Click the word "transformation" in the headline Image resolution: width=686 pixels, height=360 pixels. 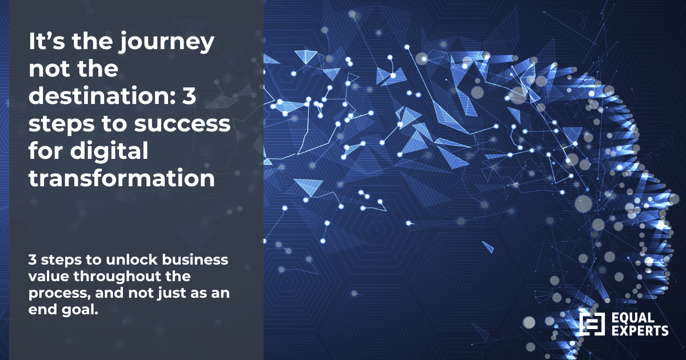(122, 178)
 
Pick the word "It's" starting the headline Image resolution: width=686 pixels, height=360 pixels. (46, 43)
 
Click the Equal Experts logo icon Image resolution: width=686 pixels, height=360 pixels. (592, 323)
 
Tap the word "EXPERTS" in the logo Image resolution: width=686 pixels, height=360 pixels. (640, 330)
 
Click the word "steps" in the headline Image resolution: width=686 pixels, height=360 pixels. (55, 125)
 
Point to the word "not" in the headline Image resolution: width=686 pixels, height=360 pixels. (45, 71)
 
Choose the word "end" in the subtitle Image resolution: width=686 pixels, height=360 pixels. (41, 310)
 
